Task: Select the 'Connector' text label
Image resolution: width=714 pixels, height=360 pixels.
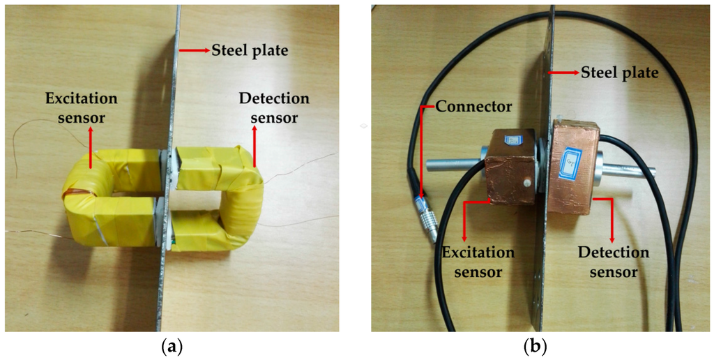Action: pos(473,107)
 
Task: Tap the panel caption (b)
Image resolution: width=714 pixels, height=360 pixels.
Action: pos(535,345)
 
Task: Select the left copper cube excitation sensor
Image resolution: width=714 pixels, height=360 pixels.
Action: pos(510,167)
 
